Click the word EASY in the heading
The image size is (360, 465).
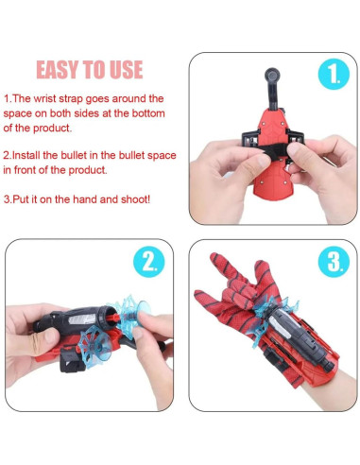point(57,70)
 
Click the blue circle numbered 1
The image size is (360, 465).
point(334,75)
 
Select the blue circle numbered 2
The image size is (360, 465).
point(149,262)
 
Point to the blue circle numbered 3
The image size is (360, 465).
point(334,262)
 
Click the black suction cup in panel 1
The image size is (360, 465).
point(272,76)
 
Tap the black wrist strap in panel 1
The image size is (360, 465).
point(274,148)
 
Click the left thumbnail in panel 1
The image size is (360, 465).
point(263,162)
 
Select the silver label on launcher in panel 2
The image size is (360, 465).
point(81,319)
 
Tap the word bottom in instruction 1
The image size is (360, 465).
point(148,113)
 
